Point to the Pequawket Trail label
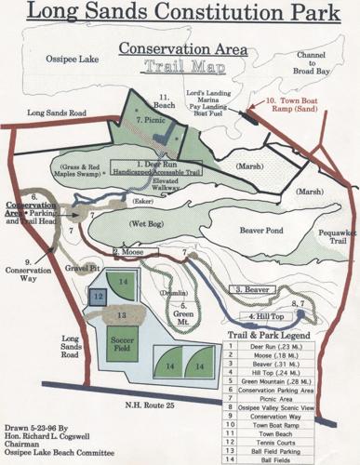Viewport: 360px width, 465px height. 328,232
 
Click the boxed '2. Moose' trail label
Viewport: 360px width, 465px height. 130,252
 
